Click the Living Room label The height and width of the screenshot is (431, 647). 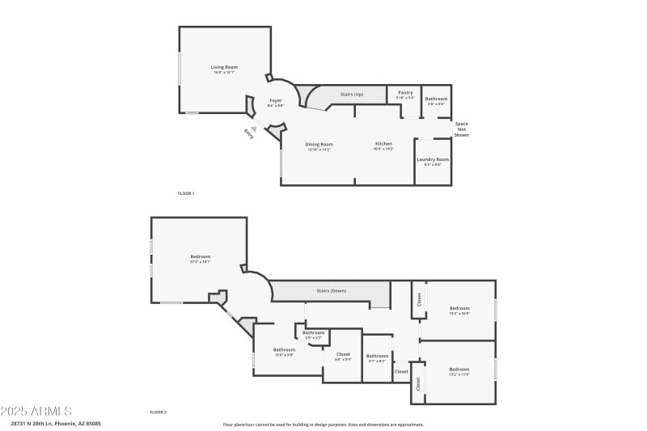pos(224,67)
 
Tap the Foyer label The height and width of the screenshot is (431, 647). pos(276,100)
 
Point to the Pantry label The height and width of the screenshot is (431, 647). pos(405,93)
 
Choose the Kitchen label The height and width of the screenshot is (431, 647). pos(383,145)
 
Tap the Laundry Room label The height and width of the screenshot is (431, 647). pos(433,159)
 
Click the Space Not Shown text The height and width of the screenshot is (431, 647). pos(461,129)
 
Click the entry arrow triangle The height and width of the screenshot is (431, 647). pos(254,127)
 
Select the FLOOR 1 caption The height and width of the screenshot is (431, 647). pos(186,193)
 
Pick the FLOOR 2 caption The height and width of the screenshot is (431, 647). pos(158,412)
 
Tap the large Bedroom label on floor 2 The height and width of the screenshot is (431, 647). pos(201,257)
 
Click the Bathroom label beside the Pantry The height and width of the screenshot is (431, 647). pos(436,99)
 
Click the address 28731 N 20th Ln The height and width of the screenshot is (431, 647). pos(55,423)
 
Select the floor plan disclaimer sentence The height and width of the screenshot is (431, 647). pos(323,425)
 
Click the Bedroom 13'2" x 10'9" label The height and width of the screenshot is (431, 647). pos(459,309)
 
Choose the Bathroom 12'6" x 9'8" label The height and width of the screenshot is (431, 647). pos(284,351)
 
